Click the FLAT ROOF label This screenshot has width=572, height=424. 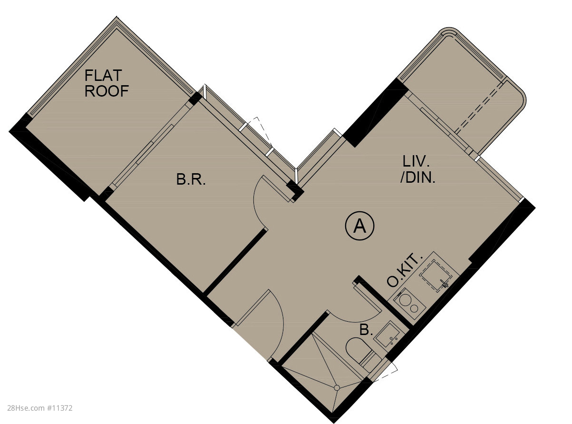point(107,83)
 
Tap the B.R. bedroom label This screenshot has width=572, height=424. point(191,179)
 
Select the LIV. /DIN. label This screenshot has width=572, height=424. point(417,170)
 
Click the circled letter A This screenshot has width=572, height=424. point(359,227)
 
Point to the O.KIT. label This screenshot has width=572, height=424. point(405,270)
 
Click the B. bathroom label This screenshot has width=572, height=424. point(366,330)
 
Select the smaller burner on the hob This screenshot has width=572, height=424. point(414,308)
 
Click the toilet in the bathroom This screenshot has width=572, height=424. point(360,353)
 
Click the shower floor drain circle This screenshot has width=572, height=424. point(337,388)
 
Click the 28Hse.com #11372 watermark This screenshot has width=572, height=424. point(40,408)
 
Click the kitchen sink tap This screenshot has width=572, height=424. point(445,284)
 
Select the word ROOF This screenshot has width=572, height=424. point(107,91)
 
